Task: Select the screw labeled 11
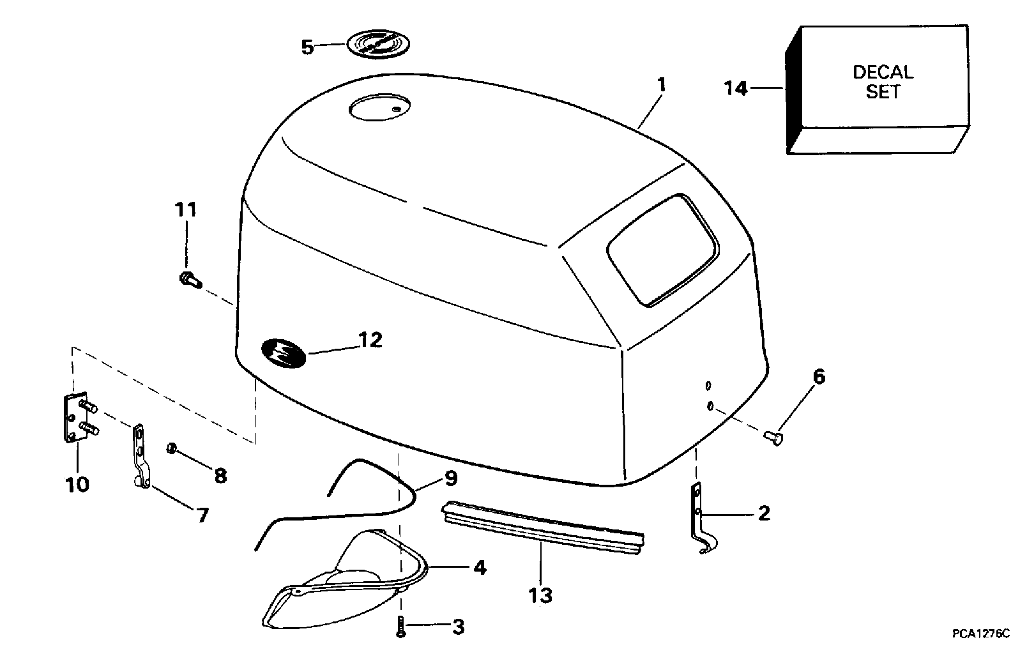(x=188, y=279)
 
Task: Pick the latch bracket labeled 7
(x=140, y=458)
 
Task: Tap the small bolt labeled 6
(x=773, y=437)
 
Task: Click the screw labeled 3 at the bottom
(x=400, y=625)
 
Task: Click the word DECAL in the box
(x=883, y=72)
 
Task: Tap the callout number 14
(x=736, y=87)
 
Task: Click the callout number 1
(x=662, y=84)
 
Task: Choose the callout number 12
(x=370, y=340)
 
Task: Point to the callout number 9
(x=450, y=477)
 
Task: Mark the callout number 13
(x=540, y=595)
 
